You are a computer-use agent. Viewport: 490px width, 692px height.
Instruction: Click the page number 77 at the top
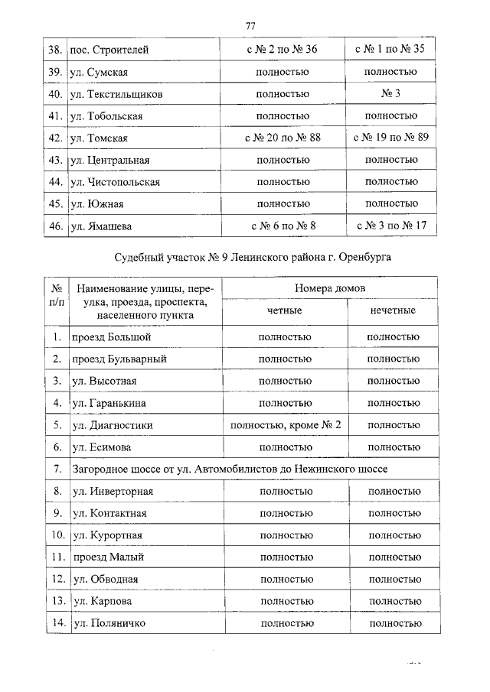pos(250,27)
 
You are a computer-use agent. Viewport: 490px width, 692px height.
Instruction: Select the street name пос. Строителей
pos(109,50)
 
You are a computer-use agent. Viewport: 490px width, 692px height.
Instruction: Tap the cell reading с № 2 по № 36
pos(282,50)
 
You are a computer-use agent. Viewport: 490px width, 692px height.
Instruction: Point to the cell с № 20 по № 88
pos(282,138)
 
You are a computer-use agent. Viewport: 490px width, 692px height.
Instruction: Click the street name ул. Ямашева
pos(102,226)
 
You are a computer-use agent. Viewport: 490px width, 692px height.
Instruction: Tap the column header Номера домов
pos(330,290)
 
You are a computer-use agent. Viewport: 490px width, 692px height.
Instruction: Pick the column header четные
pos(284,311)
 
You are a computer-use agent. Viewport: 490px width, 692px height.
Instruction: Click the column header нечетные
pos(393,311)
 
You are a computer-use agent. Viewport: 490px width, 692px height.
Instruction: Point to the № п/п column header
pos(57,301)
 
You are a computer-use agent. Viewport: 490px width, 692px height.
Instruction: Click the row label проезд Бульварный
pos(119,359)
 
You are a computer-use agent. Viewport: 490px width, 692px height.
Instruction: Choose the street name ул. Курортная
pos(107,535)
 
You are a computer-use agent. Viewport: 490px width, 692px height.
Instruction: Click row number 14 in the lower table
pos(57,624)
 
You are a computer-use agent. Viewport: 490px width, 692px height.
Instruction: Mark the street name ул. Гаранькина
pos(109,402)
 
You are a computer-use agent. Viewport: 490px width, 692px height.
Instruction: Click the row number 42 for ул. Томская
pos(54,138)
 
